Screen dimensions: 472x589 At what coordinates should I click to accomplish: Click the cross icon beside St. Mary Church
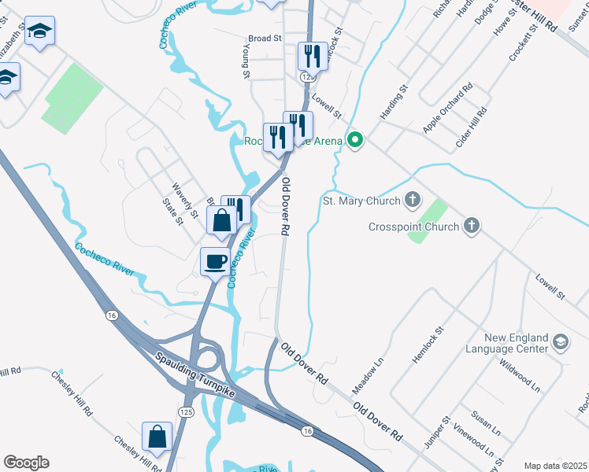pyautogui.click(x=412, y=201)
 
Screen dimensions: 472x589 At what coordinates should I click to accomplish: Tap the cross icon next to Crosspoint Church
pyautogui.click(x=471, y=227)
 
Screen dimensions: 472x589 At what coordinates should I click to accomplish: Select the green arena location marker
pyautogui.click(x=355, y=141)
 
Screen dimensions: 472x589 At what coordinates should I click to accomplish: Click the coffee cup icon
pyautogui.click(x=214, y=261)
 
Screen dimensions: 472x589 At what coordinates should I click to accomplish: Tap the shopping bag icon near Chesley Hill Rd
pyautogui.click(x=157, y=437)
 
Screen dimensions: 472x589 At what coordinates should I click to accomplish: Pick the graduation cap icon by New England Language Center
pyautogui.click(x=560, y=341)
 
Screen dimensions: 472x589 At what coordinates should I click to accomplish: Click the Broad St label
pyautogui.click(x=265, y=38)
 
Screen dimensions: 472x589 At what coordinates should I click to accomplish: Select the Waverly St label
pyautogui.click(x=186, y=201)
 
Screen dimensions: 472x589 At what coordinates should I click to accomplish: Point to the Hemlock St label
pyautogui.click(x=428, y=345)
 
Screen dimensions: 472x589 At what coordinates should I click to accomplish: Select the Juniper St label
pyautogui.click(x=435, y=432)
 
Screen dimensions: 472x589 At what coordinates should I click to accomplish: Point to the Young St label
pyautogui.click(x=246, y=63)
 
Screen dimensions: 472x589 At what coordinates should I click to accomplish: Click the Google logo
pyautogui.click(x=26, y=463)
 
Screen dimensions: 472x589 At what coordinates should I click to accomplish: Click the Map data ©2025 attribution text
pyautogui.click(x=555, y=466)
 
